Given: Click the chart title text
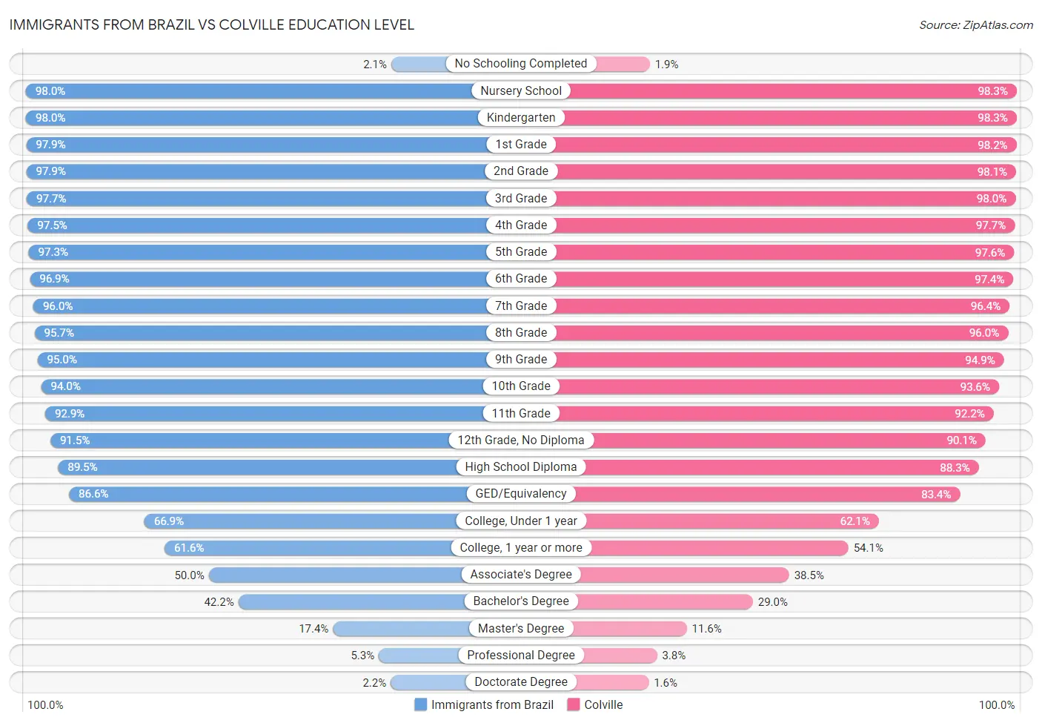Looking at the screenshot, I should point(212,24).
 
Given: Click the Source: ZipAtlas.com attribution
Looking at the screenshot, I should point(975,25).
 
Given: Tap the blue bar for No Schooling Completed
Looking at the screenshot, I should point(419,65).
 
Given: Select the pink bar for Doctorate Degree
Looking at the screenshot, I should point(612,682).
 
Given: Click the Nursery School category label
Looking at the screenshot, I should point(521,91).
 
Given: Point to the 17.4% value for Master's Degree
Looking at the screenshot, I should point(313,629).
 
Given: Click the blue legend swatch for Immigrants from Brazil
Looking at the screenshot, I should point(420,704).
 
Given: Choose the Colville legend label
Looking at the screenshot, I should point(603,704).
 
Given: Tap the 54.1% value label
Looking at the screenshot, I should point(868,548).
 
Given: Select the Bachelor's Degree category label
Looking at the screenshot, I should point(521,601).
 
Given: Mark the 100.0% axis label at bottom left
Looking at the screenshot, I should point(45,704).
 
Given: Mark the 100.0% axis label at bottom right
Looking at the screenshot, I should point(996,704).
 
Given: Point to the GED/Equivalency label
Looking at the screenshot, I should point(521,494).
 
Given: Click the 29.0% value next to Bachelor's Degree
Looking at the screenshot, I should point(772,602).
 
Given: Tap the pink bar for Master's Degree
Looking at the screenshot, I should point(631,629).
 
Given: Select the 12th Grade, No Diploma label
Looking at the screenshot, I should point(521,440).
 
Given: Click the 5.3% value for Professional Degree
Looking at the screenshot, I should point(362,656).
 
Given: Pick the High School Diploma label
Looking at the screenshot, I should point(521,467).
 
